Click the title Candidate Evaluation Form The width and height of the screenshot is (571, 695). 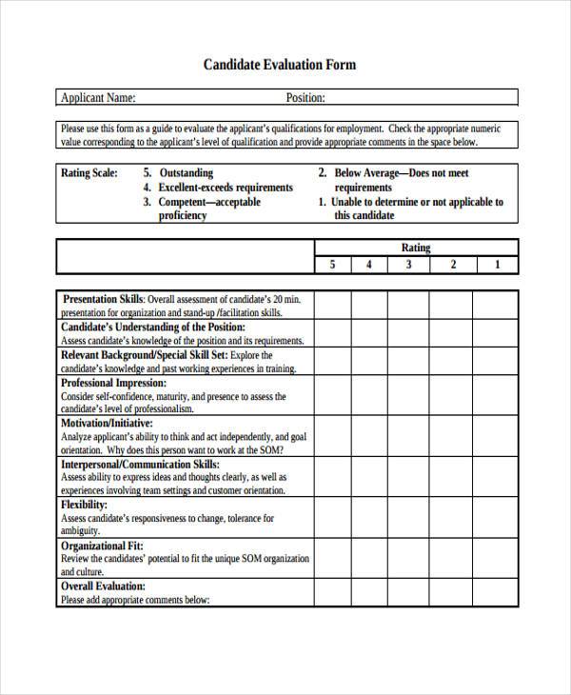pyautogui.click(x=279, y=65)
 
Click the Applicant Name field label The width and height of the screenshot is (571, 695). pyautogui.click(x=98, y=97)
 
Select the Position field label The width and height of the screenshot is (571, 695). pyautogui.click(x=305, y=97)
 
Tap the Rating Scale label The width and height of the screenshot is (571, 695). pyautogui.click(x=89, y=173)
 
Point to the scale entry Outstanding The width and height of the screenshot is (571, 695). pyautogui.click(x=187, y=173)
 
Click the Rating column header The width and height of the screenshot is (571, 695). pyautogui.click(x=416, y=248)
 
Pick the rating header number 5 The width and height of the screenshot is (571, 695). pyautogui.click(x=332, y=265)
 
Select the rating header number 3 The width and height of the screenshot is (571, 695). pyautogui.click(x=408, y=265)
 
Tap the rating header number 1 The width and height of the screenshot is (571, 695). pyautogui.click(x=497, y=265)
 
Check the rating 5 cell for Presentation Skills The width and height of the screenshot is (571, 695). pyautogui.click(x=332, y=305)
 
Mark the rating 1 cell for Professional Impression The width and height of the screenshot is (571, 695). pyautogui.click(x=497, y=395)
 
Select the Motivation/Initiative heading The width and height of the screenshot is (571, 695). pyautogui.click(x=107, y=423)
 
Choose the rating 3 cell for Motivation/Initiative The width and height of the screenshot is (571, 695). pyautogui.click(x=408, y=436)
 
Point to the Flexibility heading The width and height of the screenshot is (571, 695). pyautogui.click(x=84, y=505)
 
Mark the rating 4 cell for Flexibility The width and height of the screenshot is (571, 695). pyautogui.click(x=369, y=518)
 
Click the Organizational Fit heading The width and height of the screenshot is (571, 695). pyautogui.click(x=102, y=546)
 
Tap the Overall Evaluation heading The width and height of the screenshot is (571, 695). pyautogui.click(x=103, y=586)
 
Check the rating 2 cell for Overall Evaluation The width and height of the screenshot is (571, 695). pyautogui.click(x=453, y=593)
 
